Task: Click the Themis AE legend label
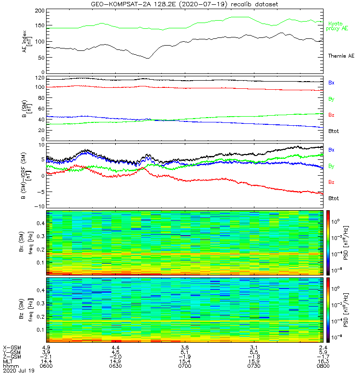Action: click(341, 56)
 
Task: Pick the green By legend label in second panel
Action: click(331, 99)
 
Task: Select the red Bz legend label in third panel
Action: click(331, 182)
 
